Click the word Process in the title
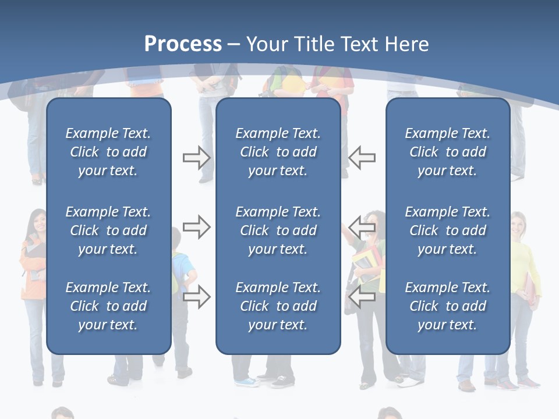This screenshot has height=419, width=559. [x=183, y=44]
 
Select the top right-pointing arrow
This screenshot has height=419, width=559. [x=196, y=158]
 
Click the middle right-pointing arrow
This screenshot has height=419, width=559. [x=196, y=226]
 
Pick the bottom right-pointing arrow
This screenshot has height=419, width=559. [x=196, y=297]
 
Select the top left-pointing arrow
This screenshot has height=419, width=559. [x=362, y=158]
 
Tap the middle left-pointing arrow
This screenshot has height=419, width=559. [x=362, y=226]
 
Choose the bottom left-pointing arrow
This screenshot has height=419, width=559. [x=362, y=297]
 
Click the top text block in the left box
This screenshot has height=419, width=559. [x=108, y=152]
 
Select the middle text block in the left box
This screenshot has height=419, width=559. [x=108, y=230]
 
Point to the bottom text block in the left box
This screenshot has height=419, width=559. [x=108, y=306]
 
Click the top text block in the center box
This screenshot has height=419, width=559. [x=278, y=152]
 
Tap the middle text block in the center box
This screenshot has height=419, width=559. [x=278, y=230]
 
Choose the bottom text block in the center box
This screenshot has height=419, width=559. [x=278, y=306]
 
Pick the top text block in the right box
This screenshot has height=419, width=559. [x=448, y=152]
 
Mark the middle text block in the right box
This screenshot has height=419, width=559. [x=448, y=230]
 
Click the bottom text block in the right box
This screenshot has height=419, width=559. [x=448, y=306]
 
